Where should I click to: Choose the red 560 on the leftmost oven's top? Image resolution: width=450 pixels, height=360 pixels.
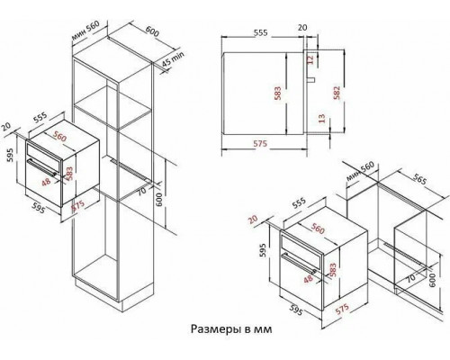point(60,138)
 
